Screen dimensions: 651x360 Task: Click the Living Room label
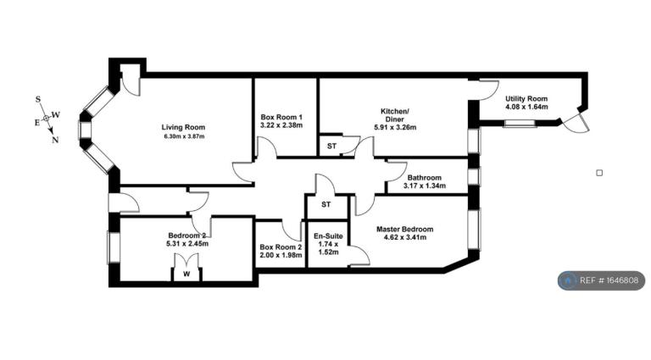point(183,127)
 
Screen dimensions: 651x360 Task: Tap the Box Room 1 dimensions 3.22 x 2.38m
point(281,125)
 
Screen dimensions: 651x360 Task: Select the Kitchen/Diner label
point(395,115)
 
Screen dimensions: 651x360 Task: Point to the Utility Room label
point(526,99)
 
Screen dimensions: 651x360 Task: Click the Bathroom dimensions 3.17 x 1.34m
point(425,186)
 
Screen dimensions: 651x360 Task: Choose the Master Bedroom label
point(404,229)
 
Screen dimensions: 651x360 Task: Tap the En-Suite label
point(328,236)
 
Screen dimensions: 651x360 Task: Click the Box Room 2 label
point(281,247)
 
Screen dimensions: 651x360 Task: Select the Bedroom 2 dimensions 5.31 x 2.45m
point(186,244)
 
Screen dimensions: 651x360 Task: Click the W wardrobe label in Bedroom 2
point(186,274)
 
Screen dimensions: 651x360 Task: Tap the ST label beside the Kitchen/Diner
point(331,146)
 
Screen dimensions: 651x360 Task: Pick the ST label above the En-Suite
point(325,204)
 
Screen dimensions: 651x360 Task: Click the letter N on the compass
point(55,140)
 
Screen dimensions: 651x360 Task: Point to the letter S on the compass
point(38,99)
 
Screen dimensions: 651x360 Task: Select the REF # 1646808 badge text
point(609,280)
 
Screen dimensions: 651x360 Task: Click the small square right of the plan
point(599,173)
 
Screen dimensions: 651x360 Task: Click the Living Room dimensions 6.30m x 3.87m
point(183,136)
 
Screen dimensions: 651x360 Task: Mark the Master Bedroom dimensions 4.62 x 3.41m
point(406,238)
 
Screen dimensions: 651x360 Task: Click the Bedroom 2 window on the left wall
point(114,247)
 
